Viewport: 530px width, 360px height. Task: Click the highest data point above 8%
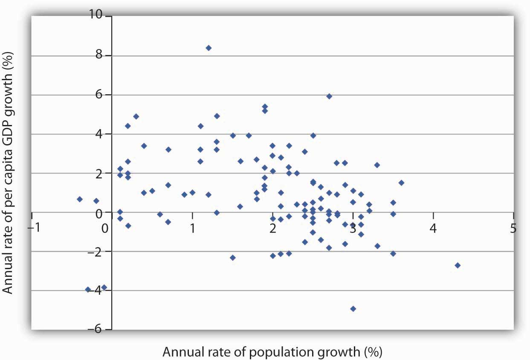point(209,48)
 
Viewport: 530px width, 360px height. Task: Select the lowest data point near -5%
point(353,308)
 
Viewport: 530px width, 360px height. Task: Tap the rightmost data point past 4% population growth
point(458,265)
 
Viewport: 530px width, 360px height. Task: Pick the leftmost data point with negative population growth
point(80,199)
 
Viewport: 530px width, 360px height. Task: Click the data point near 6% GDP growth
point(329,96)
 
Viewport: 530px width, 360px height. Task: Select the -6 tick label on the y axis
point(100,330)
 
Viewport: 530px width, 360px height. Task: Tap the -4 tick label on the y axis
point(100,290)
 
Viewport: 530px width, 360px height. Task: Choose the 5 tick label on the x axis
point(513,229)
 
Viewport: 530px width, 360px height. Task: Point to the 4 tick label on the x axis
point(433,229)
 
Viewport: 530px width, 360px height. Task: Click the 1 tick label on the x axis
point(192,229)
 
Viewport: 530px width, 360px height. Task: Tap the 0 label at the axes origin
point(105,229)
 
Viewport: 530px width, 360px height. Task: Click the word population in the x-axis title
point(284,352)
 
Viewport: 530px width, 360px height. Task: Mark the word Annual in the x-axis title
point(180,352)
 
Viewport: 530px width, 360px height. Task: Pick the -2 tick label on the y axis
point(100,251)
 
